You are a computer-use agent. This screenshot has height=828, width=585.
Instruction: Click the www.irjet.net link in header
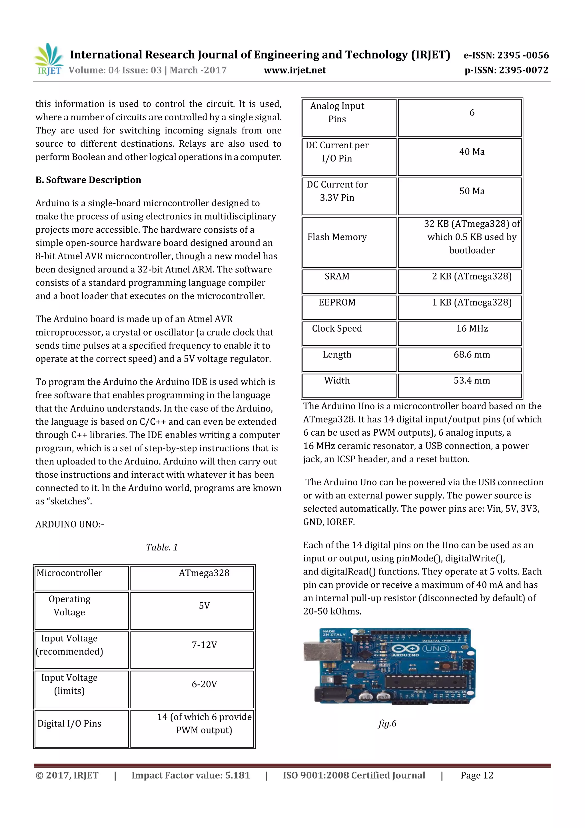coord(294,70)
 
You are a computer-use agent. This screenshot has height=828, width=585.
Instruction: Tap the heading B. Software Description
coord(88,180)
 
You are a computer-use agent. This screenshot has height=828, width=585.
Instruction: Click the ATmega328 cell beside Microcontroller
coord(204,573)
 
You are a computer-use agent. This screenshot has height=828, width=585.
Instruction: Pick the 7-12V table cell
coord(204,645)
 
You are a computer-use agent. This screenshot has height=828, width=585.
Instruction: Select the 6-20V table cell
coord(204,685)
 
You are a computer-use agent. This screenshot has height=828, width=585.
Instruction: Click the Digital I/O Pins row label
coord(69,724)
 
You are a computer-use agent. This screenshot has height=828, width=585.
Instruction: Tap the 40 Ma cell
coord(472,152)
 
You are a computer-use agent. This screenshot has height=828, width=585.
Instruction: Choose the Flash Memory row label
coord(337,237)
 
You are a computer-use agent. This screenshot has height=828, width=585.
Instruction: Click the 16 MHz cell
coord(472,328)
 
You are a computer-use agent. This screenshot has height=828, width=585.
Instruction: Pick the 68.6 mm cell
coord(472,354)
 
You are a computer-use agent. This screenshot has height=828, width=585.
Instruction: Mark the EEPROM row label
coord(337,303)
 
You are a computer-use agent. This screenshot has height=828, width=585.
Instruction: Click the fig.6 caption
coord(387,723)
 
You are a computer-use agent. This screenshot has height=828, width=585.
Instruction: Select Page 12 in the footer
coord(476,775)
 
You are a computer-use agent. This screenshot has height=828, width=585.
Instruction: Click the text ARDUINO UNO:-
coord(70,524)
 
